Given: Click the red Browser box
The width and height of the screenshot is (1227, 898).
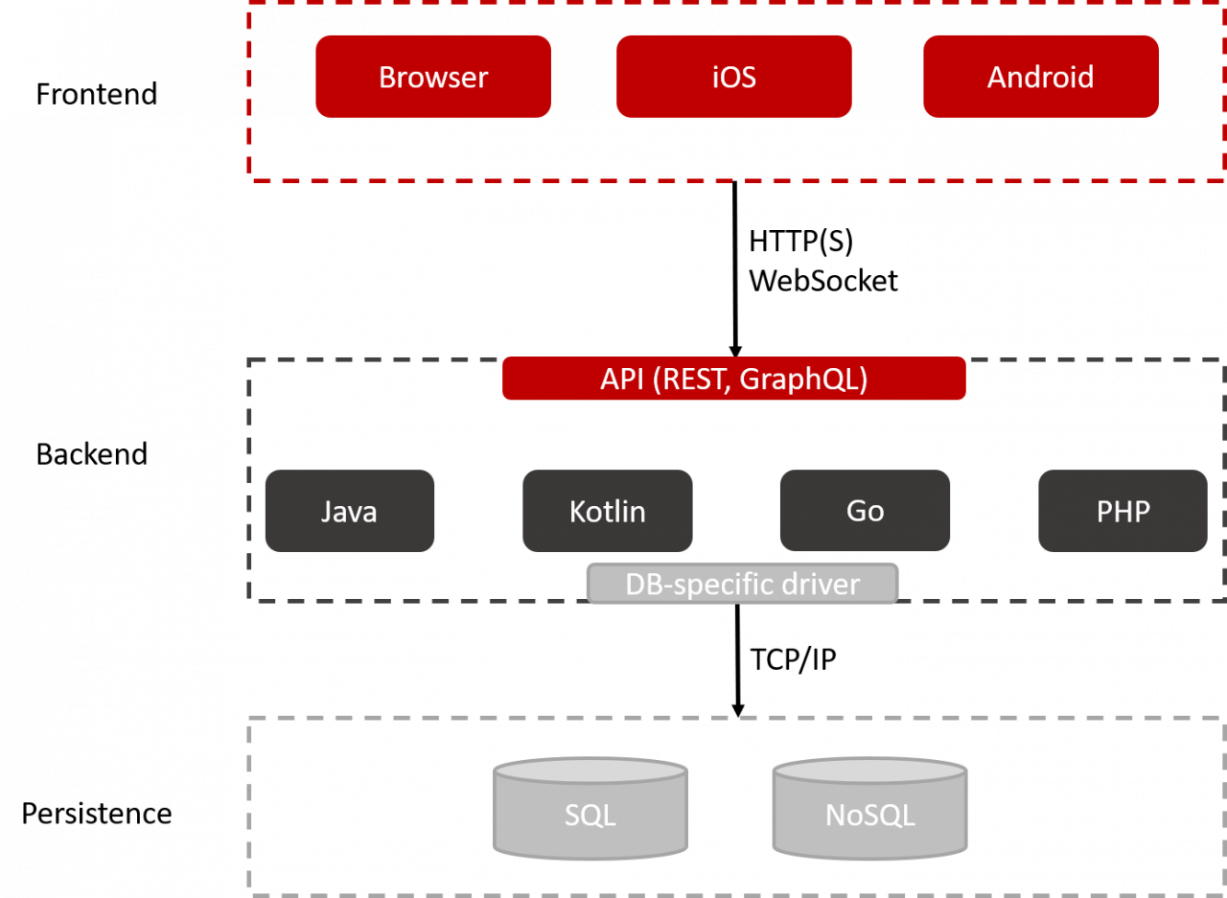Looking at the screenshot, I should pyautogui.click(x=433, y=77).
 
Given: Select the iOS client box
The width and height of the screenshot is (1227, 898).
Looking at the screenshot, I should pyautogui.click(x=734, y=77).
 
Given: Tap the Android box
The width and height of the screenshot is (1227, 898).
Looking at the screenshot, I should pyautogui.click(x=1041, y=77).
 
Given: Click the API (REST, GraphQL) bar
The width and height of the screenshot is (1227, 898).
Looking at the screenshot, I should pyautogui.click(x=734, y=380).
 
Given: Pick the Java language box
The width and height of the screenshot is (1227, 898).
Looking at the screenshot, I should pyautogui.click(x=349, y=511).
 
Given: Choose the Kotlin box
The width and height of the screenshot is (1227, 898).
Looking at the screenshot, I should pyautogui.click(x=608, y=511).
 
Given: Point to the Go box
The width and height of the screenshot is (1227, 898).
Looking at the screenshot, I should pyautogui.click(x=865, y=511).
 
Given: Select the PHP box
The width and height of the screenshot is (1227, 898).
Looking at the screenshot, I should pyautogui.click(x=1123, y=511).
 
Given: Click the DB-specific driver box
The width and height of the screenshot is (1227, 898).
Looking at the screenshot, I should pyautogui.click(x=742, y=584).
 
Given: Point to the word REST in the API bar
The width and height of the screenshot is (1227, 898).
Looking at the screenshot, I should pyautogui.click(x=693, y=380).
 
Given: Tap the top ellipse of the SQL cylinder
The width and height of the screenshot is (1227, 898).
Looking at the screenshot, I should pyautogui.click(x=590, y=771).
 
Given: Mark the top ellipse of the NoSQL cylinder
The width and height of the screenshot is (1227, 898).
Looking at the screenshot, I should pyautogui.click(x=869, y=771).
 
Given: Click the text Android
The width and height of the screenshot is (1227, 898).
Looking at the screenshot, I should pyautogui.click(x=1041, y=77).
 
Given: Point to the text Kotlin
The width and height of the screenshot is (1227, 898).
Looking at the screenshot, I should pyautogui.click(x=608, y=511).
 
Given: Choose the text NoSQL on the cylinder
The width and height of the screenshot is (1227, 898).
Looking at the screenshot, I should pyautogui.click(x=869, y=816).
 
